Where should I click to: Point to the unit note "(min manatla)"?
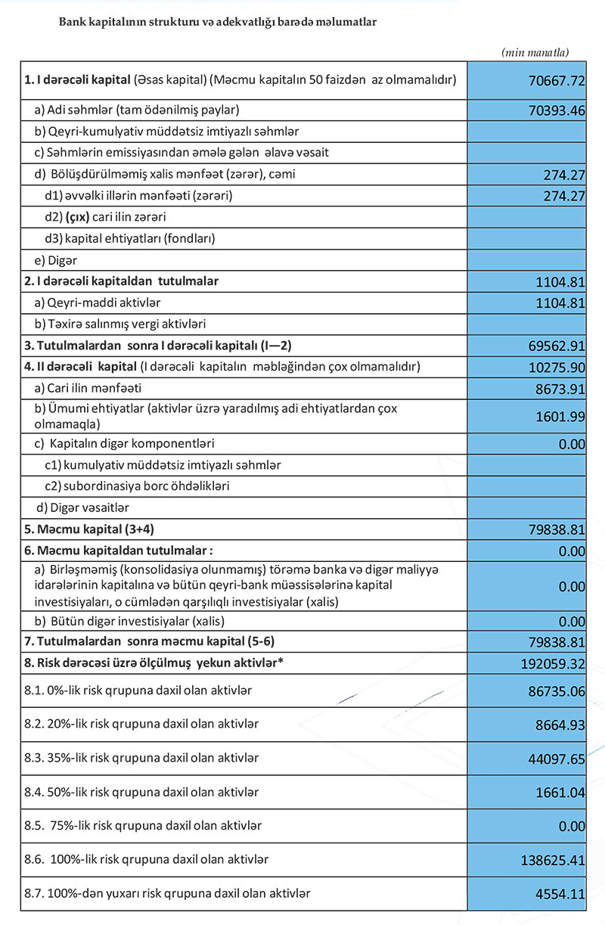tap(535, 52)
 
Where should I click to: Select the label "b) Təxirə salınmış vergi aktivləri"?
tap(121, 324)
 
